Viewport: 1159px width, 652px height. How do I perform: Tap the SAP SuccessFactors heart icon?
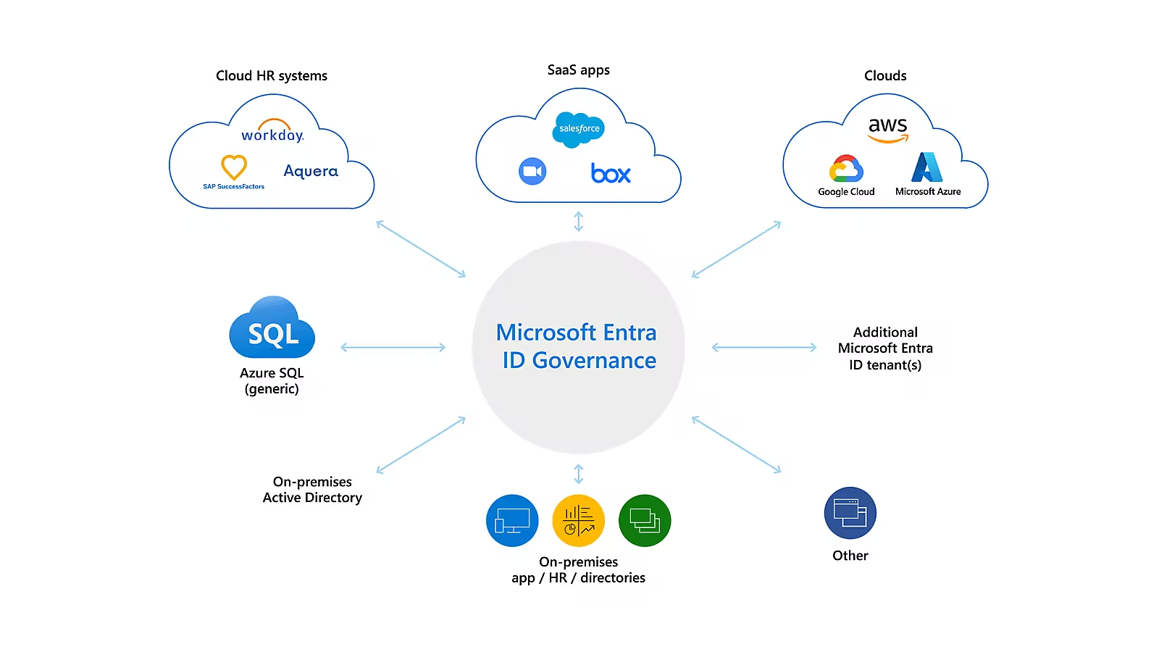[234, 167]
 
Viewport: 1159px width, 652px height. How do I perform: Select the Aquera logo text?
[311, 171]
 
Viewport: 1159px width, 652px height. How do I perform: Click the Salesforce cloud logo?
[579, 129]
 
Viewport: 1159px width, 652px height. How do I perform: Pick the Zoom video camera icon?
[532, 172]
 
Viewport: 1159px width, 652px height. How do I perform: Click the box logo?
[611, 174]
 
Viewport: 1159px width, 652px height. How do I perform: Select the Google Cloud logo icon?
[846, 169]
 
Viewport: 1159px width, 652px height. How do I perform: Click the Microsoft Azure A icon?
[927, 167]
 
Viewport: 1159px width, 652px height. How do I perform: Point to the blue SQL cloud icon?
[272, 330]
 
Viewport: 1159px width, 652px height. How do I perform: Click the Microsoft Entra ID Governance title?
[577, 346]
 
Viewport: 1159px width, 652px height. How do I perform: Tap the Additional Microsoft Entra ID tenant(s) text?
[885, 348]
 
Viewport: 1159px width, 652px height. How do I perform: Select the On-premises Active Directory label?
[312, 490]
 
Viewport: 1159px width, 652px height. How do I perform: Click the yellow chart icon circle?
[578, 520]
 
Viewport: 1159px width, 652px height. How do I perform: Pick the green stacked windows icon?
[645, 520]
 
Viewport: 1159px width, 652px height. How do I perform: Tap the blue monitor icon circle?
[512, 520]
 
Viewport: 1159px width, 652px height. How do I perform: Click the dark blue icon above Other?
[850, 513]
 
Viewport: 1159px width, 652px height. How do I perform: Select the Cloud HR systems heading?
[272, 76]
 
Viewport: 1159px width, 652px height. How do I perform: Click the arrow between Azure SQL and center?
[393, 348]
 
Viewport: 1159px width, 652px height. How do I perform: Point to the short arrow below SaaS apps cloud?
[578, 221]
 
